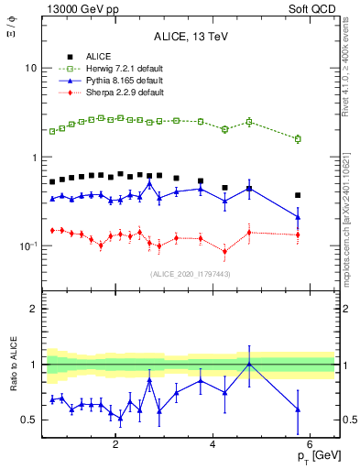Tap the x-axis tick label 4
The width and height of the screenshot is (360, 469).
click(x=213, y=446)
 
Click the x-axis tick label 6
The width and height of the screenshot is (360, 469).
click(x=310, y=446)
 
